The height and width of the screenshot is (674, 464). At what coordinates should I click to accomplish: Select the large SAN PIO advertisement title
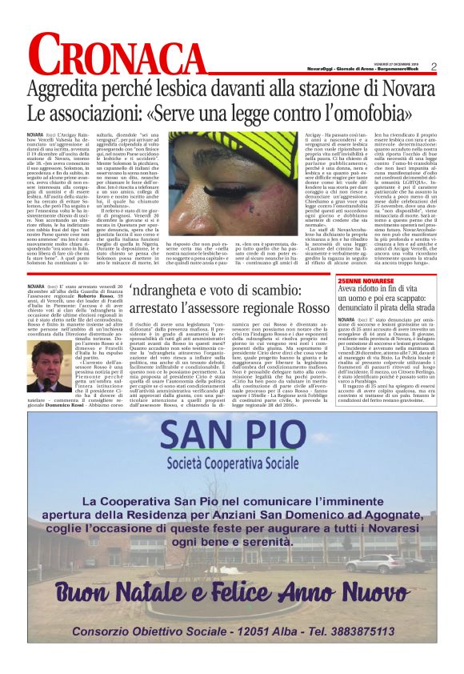pyautogui.click(x=232, y=435)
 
